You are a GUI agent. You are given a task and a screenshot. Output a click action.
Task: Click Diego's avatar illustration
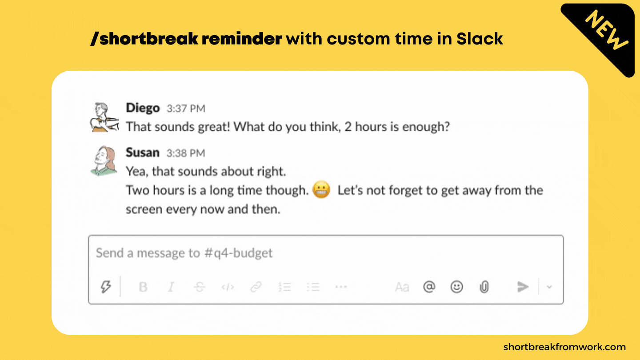click(x=104, y=117)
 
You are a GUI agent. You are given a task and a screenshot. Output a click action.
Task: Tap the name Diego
click(x=143, y=108)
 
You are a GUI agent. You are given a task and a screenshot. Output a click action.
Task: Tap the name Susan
click(x=143, y=152)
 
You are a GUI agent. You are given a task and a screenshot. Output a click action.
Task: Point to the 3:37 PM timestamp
click(x=186, y=108)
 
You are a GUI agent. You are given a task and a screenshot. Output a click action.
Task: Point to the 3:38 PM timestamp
click(x=186, y=153)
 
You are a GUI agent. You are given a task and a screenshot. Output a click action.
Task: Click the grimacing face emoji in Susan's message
click(x=321, y=189)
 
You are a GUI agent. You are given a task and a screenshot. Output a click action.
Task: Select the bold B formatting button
click(x=143, y=287)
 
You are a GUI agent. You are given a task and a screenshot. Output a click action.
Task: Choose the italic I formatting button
click(x=171, y=287)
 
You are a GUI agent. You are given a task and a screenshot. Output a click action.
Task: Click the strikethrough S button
click(x=199, y=287)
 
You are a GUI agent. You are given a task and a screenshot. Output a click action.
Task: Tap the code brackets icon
click(x=228, y=287)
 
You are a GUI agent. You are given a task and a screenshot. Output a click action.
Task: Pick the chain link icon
click(x=256, y=287)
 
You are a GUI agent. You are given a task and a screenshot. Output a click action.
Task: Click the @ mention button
click(x=429, y=287)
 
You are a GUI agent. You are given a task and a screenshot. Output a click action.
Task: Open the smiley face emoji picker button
click(x=456, y=287)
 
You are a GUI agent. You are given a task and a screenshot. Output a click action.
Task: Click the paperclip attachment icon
click(x=484, y=287)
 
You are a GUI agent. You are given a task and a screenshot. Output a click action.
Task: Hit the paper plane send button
click(x=523, y=287)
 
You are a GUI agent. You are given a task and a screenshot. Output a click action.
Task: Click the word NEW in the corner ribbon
click(x=606, y=30)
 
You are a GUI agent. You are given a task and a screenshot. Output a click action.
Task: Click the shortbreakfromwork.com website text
click(x=564, y=347)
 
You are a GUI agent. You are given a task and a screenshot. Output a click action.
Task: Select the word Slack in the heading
click(x=480, y=39)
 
